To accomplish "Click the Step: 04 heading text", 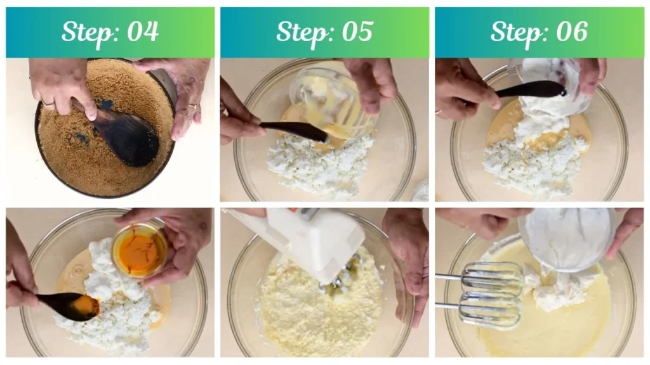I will [110, 32].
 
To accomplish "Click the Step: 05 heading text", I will [324, 32].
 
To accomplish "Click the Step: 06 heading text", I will [539, 32].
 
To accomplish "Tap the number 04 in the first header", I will [143, 32].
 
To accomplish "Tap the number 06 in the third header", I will [572, 32].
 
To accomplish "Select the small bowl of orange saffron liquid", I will [139, 250].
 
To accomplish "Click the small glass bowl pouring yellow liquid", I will [324, 101].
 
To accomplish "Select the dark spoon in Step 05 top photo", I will [292, 130].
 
